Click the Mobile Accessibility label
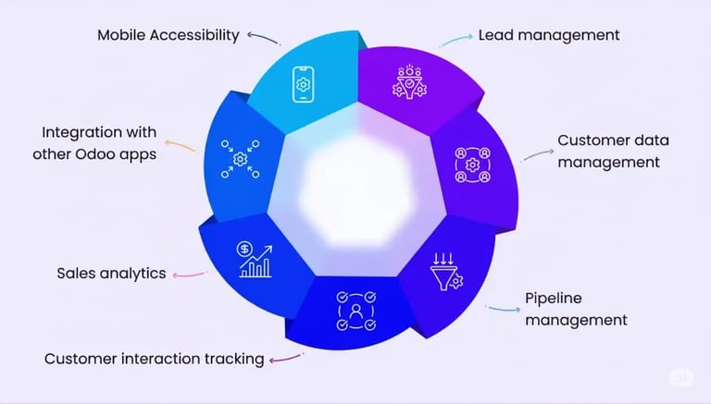(x=168, y=35)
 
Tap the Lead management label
(x=548, y=35)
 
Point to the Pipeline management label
(x=576, y=309)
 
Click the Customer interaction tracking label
(x=154, y=358)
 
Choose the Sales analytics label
(x=111, y=273)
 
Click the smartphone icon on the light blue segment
(x=303, y=84)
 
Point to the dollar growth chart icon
(x=255, y=260)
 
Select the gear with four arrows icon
(x=240, y=158)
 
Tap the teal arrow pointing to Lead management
(x=454, y=41)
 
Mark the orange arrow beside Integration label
(x=180, y=145)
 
